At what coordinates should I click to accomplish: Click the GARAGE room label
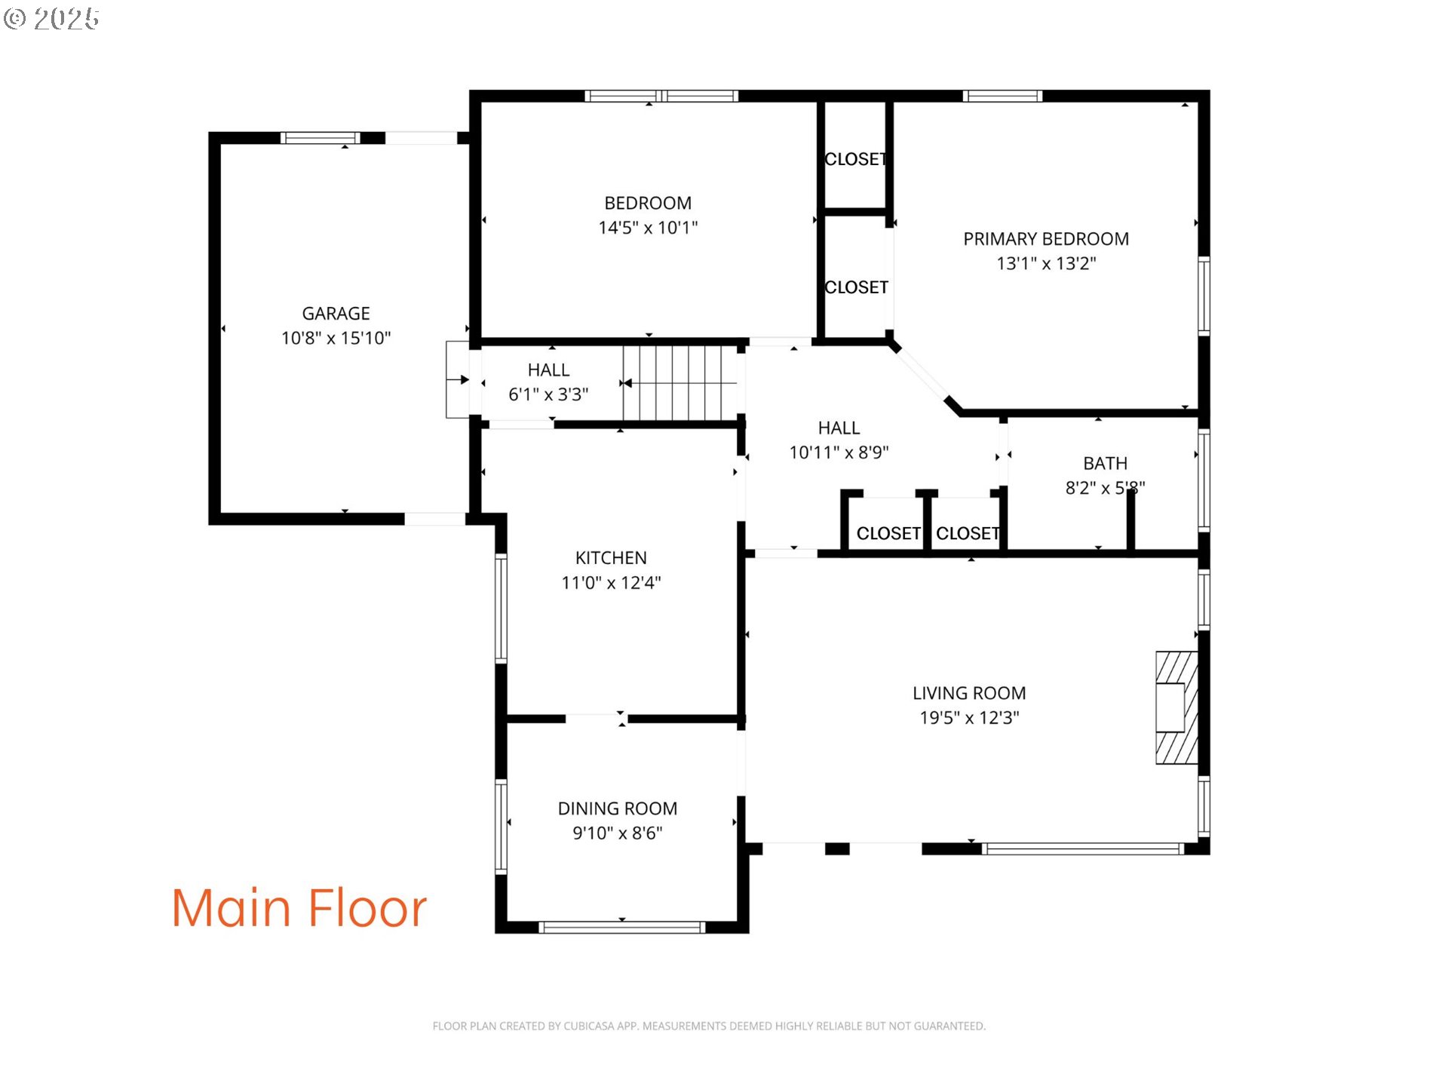point(336,313)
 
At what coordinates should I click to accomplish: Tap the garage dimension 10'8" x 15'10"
point(336,338)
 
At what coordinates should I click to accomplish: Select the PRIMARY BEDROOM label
point(1046,239)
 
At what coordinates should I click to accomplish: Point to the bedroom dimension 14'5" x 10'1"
point(648,227)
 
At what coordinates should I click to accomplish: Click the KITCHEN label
point(611,557)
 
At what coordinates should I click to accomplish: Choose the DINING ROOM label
point(618,808)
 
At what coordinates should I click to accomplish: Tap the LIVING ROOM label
point(969,693)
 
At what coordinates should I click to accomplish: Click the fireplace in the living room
point(1176,707)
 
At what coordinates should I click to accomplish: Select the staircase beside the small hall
point(680,383)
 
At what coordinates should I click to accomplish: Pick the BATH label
point(1105,463)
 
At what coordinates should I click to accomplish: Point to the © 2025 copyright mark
point(51,19)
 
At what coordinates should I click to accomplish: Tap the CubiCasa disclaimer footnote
point(709,1026)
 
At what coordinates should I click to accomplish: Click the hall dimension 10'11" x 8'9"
point(839,452)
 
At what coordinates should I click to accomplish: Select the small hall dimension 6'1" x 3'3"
point(548,394)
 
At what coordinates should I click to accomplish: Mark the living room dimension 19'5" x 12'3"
point(969,717)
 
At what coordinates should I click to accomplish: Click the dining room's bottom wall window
point(622,927)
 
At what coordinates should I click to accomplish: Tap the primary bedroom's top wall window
point(1002,96)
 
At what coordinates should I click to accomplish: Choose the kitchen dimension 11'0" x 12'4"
point(611,582)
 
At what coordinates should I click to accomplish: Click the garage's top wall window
point(320,138)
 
